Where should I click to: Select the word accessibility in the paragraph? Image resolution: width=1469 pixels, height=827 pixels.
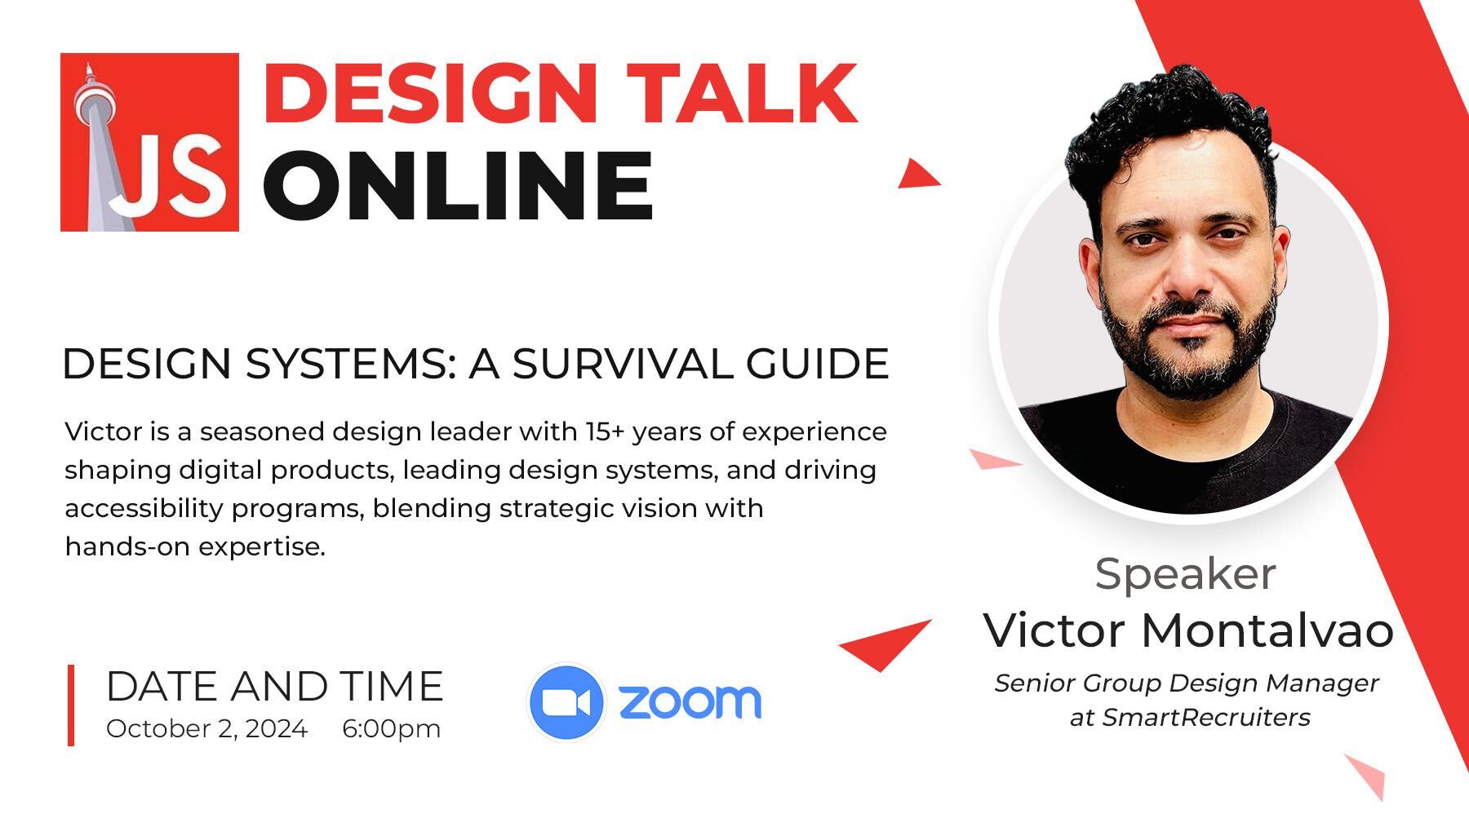point(144,508)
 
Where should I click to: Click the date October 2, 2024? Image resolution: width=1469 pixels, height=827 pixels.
point(206,728)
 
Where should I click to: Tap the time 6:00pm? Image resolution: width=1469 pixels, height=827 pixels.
point(391,728)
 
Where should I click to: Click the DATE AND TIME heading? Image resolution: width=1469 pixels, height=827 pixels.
point(274,687)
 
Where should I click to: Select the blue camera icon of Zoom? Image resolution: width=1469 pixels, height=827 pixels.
point(566,702)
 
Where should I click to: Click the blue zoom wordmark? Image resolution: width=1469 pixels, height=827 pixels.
point(690,702)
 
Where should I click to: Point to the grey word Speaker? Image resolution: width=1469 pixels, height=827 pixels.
point(1185,575)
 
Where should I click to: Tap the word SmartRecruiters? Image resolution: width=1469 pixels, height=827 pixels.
point(1205,718)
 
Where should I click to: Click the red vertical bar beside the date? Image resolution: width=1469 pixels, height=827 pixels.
point(71,705)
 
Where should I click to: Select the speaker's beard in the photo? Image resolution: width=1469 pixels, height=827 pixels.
point(1200,359)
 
